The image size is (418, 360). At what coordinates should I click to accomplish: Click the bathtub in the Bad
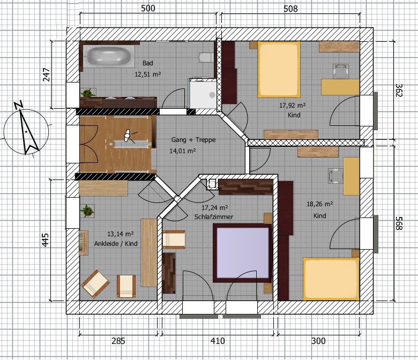[x=108, y=56]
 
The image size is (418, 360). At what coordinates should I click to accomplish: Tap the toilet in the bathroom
[x=206, y=57]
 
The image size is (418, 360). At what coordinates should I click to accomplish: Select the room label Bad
[x=148, y=63]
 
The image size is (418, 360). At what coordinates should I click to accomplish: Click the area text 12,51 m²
[x=147, y=74]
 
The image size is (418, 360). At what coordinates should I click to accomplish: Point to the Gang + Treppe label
[x=193, y=140]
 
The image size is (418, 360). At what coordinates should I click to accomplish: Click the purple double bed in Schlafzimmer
[x=242, y=253]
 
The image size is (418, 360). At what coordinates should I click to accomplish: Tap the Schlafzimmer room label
[x=213, y=217]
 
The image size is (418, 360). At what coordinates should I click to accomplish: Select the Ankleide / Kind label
[x=116, y=244]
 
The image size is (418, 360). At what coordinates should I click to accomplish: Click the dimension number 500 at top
[x=148, y=8]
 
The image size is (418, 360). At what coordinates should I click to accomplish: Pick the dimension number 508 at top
[x=290, y=9]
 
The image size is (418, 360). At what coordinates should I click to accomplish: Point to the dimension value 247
[x=47, y=74]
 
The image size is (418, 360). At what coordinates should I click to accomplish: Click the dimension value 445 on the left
[x=46, y=240]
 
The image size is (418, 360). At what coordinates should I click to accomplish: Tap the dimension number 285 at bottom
[x=118, y=341]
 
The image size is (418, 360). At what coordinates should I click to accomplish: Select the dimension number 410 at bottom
[x=218, y=341]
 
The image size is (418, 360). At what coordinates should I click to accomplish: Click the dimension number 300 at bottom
[x=318, y=341]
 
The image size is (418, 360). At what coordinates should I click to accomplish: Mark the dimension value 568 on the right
[x=399, y=223]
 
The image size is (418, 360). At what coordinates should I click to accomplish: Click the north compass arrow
[x=27, y=128]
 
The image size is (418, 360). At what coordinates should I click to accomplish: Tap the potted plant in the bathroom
[x=87, y=93]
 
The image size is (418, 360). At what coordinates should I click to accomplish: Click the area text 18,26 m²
[x=319, y=204]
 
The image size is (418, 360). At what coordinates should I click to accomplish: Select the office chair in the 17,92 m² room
[x=340, y=71]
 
